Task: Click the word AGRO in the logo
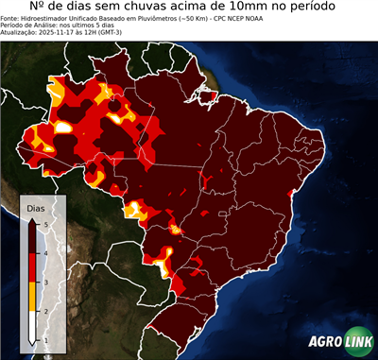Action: [x=323, y=342]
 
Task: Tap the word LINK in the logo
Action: [x=356, y=342]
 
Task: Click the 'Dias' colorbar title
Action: [x=36, y=207]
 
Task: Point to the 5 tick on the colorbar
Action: [x=45, y=223]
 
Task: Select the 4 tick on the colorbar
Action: [x=45, y=252]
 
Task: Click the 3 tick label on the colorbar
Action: [x=45, y=282]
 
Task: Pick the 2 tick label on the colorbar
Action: [x=45, y=311]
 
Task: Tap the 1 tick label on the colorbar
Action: [x=45, y=339]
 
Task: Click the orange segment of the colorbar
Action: [x=33, y=296]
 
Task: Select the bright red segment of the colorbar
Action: [x=33, y=266]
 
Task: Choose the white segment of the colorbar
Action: [x=33, y=325]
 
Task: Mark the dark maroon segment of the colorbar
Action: [x=33, y=237]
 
